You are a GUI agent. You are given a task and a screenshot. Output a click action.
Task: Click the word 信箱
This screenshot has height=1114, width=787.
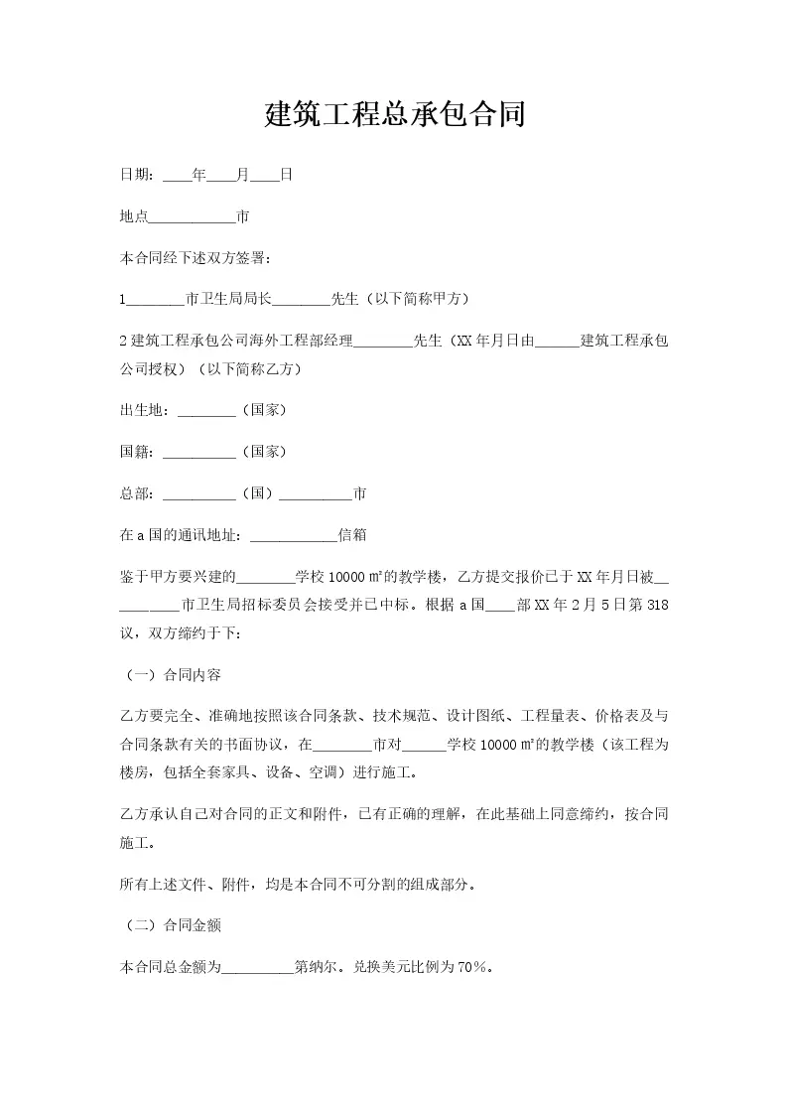353,535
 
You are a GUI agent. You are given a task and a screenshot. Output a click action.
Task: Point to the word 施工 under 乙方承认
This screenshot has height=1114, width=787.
136,842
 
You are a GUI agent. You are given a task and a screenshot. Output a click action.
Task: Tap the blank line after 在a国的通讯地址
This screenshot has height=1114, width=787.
295,535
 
